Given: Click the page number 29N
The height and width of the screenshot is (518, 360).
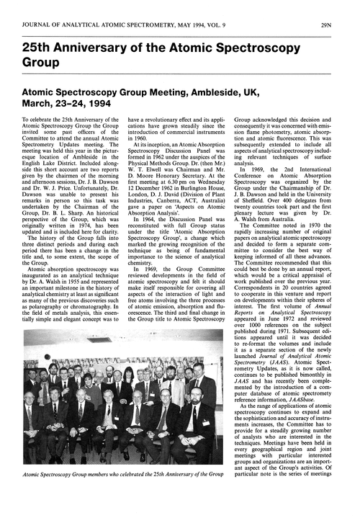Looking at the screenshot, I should tap(343, 8).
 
